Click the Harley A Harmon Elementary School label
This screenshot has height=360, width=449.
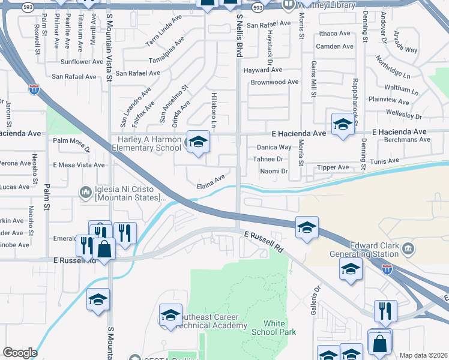146,143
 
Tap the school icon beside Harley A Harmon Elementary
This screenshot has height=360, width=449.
197,142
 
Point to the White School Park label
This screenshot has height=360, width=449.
274,328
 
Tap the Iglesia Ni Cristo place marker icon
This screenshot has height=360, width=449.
85,191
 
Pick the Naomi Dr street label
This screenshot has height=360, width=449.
274,171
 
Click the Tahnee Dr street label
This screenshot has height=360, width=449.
268,159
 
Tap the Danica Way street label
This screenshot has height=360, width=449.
274,147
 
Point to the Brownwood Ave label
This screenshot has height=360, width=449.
274,82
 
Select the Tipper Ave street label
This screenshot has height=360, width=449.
333,167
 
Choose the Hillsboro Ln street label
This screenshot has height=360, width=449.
214,109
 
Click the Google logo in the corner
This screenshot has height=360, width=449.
20,353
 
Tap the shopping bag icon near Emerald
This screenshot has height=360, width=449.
104,249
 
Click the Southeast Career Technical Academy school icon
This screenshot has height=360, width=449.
170,314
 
